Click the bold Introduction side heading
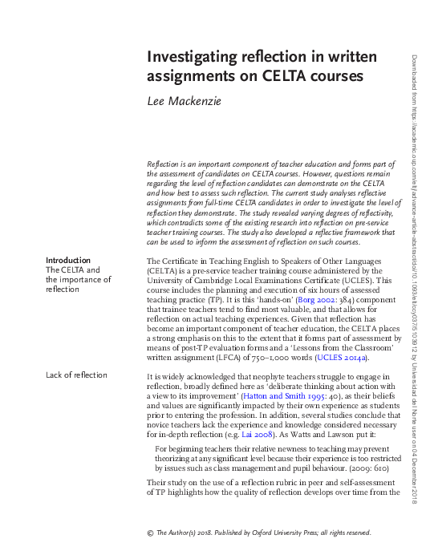tap(68, 260)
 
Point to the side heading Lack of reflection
tap(76, 375)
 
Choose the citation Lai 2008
tap(289, 432)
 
